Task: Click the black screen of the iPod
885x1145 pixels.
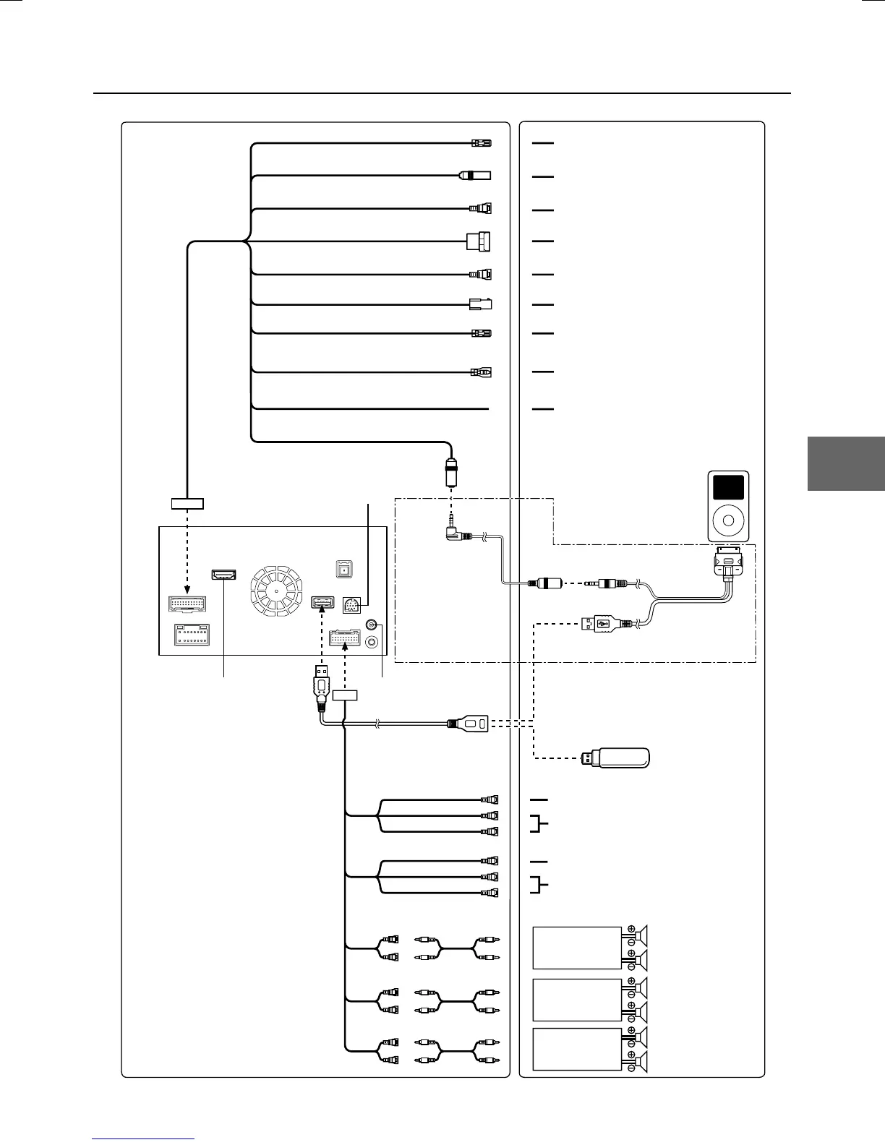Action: pos(728,487)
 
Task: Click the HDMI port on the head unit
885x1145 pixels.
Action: pos(223,575)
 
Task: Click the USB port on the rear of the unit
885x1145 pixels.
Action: pos(322,601)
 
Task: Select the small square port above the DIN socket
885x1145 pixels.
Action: pos(345,569)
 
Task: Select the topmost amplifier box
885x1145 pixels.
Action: pos(577,948)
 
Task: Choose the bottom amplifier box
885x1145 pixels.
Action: pos(577,1049)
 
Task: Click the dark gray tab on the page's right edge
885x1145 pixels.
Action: pos(846,463)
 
